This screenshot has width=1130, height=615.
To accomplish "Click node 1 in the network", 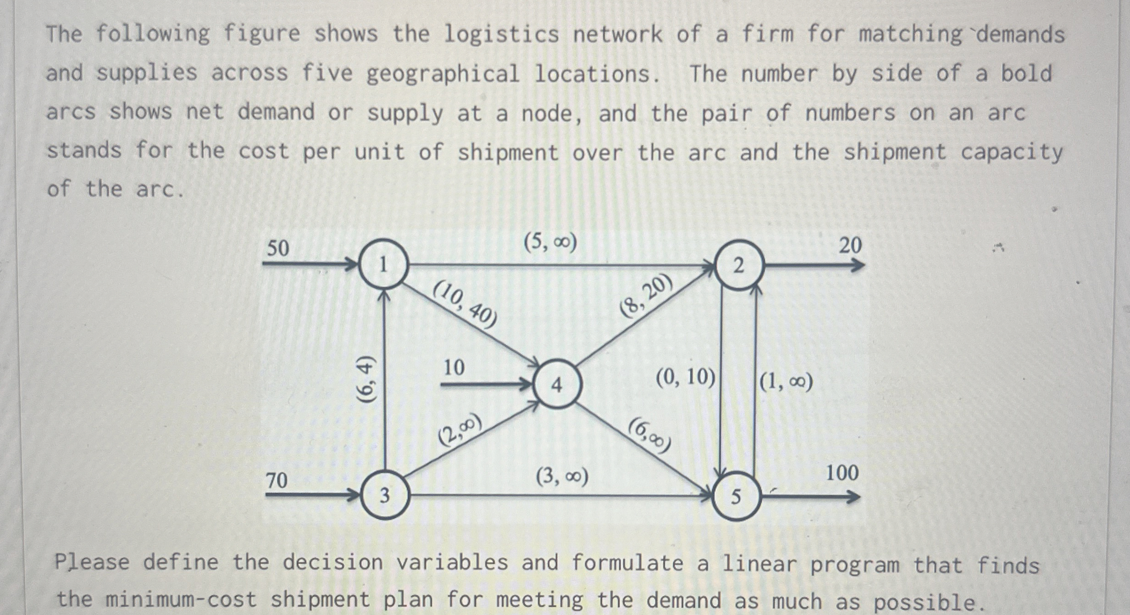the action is [383, 265].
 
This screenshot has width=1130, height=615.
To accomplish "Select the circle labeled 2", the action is [738, 266].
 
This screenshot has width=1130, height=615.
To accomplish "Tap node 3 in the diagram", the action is [385, 496].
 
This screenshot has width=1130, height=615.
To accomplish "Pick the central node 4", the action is [557, 385].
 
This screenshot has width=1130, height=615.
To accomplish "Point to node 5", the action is [736, 497].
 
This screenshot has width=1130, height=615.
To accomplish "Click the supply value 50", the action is [278, 248].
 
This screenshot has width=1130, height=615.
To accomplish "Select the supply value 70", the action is [277, 481].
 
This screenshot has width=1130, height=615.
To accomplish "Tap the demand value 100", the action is [842, 473].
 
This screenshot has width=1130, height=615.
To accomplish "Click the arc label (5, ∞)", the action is [550, 242].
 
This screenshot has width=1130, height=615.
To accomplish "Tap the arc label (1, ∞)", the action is [786, 381].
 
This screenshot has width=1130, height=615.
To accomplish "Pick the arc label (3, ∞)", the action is [562, 477].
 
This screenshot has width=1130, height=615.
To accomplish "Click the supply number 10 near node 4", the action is [454, 367].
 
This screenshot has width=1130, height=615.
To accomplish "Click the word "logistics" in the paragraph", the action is [501, 34].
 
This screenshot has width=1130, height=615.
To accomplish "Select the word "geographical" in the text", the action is [443, 73].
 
